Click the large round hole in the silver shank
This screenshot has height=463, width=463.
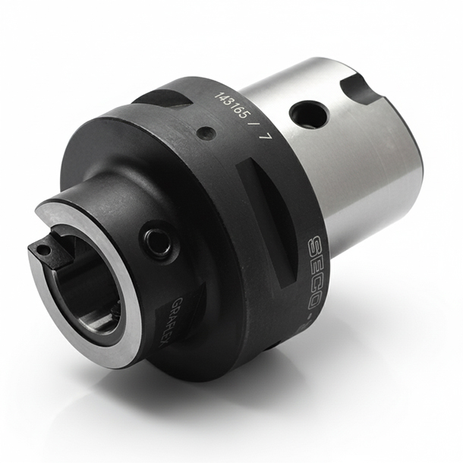pyautogui.click(x=309, y=115)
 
